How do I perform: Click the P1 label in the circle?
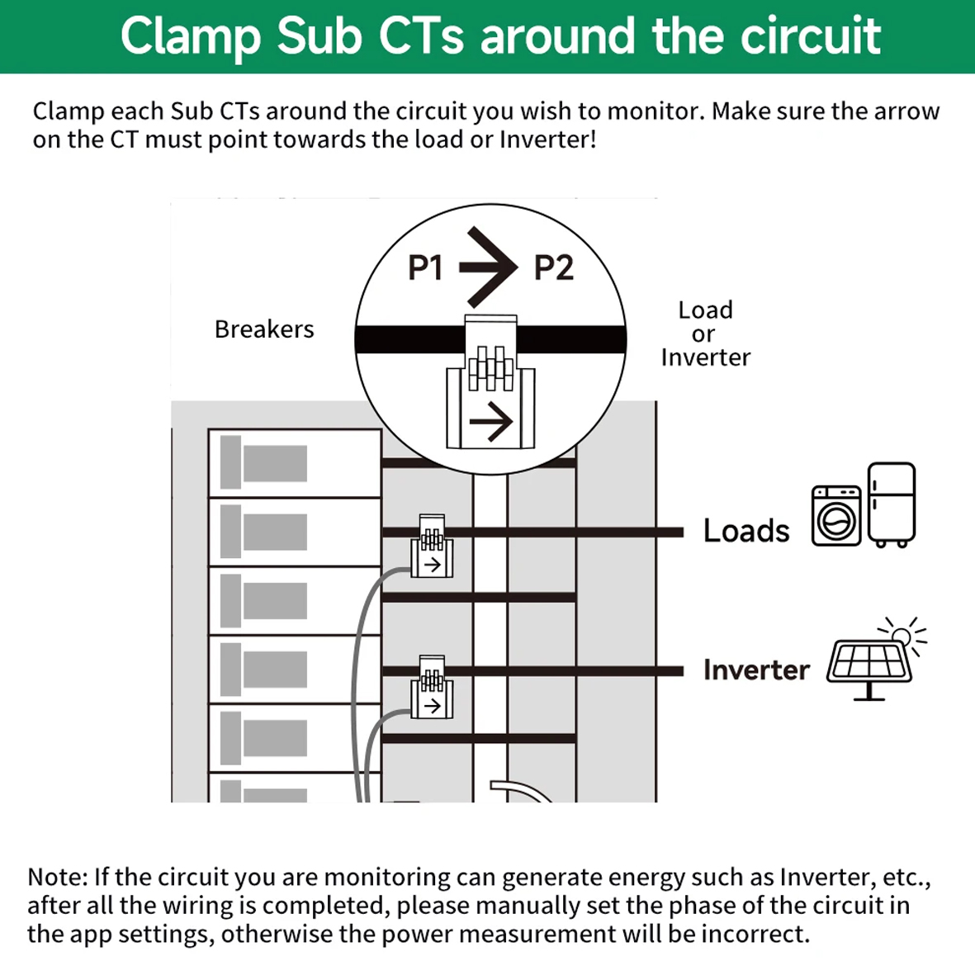pos(425,268)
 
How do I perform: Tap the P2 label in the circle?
pos(553,268)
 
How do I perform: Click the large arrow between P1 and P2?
pos(489,267)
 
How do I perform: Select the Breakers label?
pos(264,329)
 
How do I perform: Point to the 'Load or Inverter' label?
pos(705,334)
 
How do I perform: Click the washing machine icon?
pos(835,516)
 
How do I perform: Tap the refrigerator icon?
pos(892,504)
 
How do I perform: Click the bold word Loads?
pos(746,531)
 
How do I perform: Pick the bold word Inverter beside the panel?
pos(756,670)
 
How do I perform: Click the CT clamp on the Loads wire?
pos(432,547)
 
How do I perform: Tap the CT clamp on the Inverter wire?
pos(432,688)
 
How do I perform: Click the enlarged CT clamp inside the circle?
pos(490,382)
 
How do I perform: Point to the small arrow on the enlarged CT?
pos(491,423)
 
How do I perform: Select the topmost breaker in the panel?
pos(294,463)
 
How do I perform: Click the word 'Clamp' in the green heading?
pos(192,36)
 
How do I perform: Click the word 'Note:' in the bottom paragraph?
pos(57,877)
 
